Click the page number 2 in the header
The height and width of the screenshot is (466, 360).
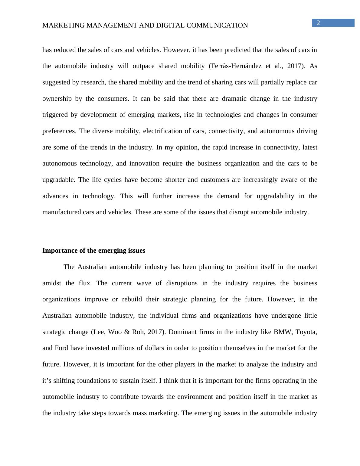coord(318,23)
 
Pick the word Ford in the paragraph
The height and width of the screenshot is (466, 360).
coord(61,348)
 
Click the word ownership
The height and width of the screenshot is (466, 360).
coord(57,99)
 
